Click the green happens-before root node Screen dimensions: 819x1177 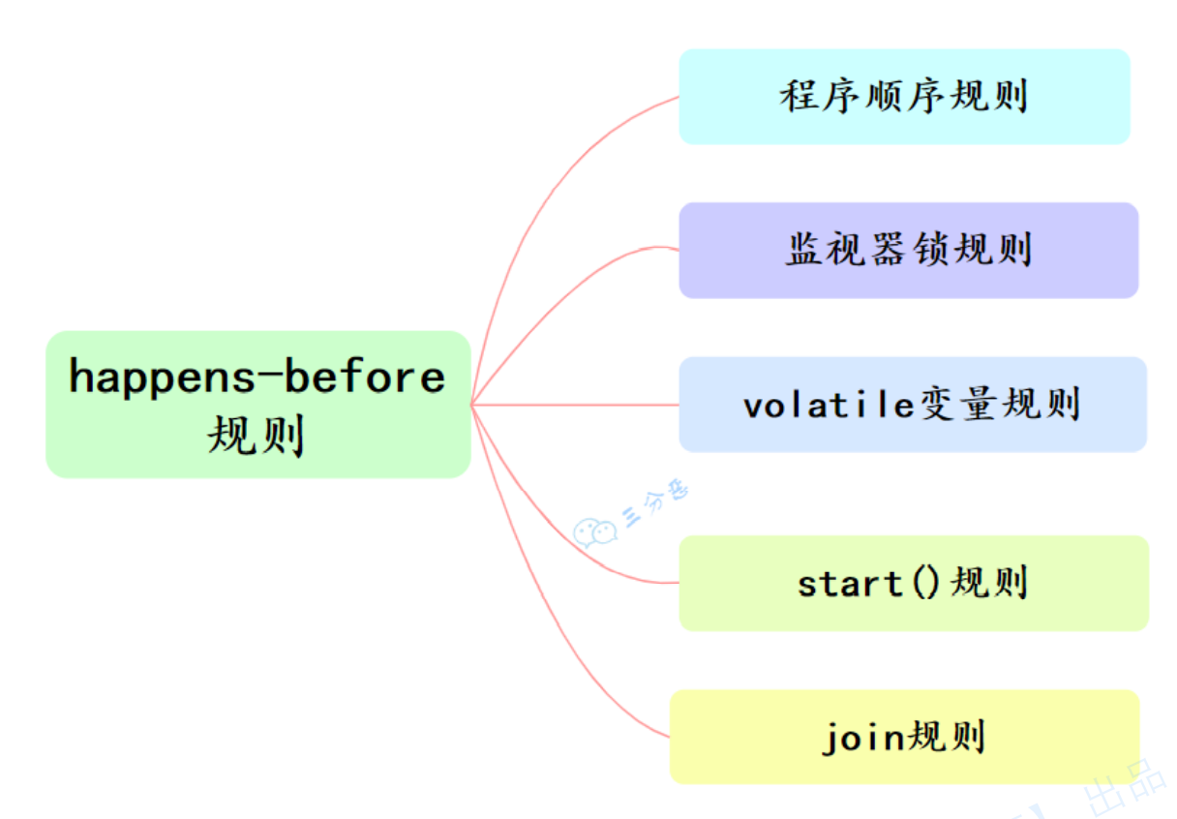pyautogui.click(x=257, y=404)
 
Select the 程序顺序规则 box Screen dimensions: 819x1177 pyautogui.click(x=904, y=97)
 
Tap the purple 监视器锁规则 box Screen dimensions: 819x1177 pyautogui.click(x=908, y=250)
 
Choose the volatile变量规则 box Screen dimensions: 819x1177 pyautogui.click(x=912, y=404)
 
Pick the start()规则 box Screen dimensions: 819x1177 pyautogui.click(x=913, y=583)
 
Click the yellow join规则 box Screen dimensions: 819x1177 pyautogui.click(x=904, y=737)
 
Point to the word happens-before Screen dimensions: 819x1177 pyautogui.click(x=257, y=377)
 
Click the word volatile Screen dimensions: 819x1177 pyautogui.click(x=829, y=405)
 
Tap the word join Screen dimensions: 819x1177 pyautogui.click(x=862, y=738)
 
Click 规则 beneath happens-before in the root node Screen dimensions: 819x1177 pyautogui.click(x=256, y=436)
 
